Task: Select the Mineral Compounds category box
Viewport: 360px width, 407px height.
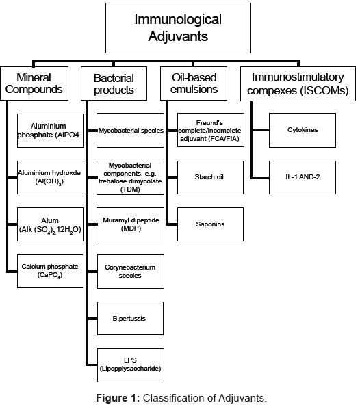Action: [x=40, y=83]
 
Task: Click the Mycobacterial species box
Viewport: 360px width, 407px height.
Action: [x=130, y=130]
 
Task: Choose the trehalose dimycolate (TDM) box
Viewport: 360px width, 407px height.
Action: [x=130, y=177]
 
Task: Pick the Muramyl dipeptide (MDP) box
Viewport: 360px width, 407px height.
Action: [x=130, y=224]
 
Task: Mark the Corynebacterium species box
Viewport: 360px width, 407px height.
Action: [x=130, y=271]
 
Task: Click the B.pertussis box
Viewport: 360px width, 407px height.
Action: [x=130, y=318]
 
